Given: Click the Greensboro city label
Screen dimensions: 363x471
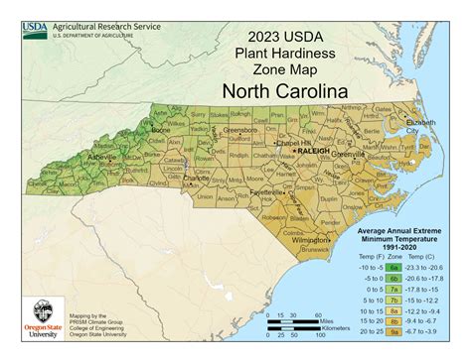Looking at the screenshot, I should [x=239, y=129].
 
